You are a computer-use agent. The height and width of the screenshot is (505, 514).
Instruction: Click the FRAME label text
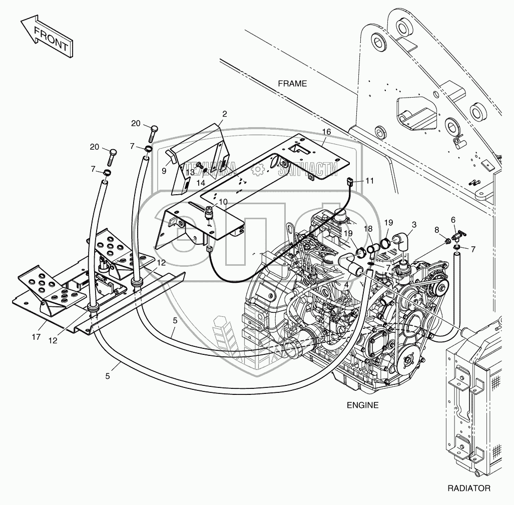292,84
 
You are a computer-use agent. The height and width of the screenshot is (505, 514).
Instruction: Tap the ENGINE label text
362,405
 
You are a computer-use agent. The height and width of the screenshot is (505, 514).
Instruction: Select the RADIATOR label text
469,488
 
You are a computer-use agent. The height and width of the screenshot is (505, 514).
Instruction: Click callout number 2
225,114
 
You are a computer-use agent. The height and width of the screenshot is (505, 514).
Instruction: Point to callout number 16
326,132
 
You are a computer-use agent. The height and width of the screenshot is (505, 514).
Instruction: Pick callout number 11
369,180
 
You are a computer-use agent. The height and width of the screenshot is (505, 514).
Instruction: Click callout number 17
36,337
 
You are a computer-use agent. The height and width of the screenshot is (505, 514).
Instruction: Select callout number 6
453,219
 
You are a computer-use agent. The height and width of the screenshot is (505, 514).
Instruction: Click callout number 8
436,230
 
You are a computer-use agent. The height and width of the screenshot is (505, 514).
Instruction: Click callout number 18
368,228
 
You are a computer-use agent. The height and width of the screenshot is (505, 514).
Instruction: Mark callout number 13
190,173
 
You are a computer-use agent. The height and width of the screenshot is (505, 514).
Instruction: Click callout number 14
200,183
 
